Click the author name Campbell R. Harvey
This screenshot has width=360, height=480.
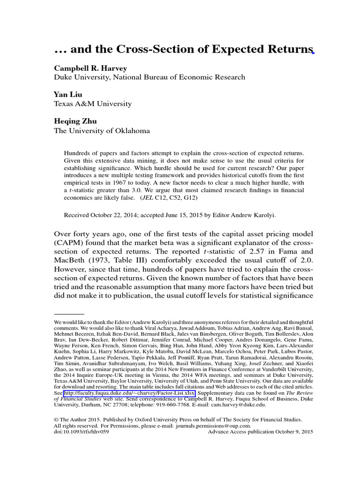(x=90, y=68)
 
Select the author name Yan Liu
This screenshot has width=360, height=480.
(x=68, y=95)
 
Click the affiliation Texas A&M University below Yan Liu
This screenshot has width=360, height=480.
(x=93, y=104)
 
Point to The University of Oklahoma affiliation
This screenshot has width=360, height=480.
(x=102, y=131)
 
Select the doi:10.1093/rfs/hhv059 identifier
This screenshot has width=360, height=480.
(x=82, y=431)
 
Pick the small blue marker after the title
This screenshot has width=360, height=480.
(x=313, y=53)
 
